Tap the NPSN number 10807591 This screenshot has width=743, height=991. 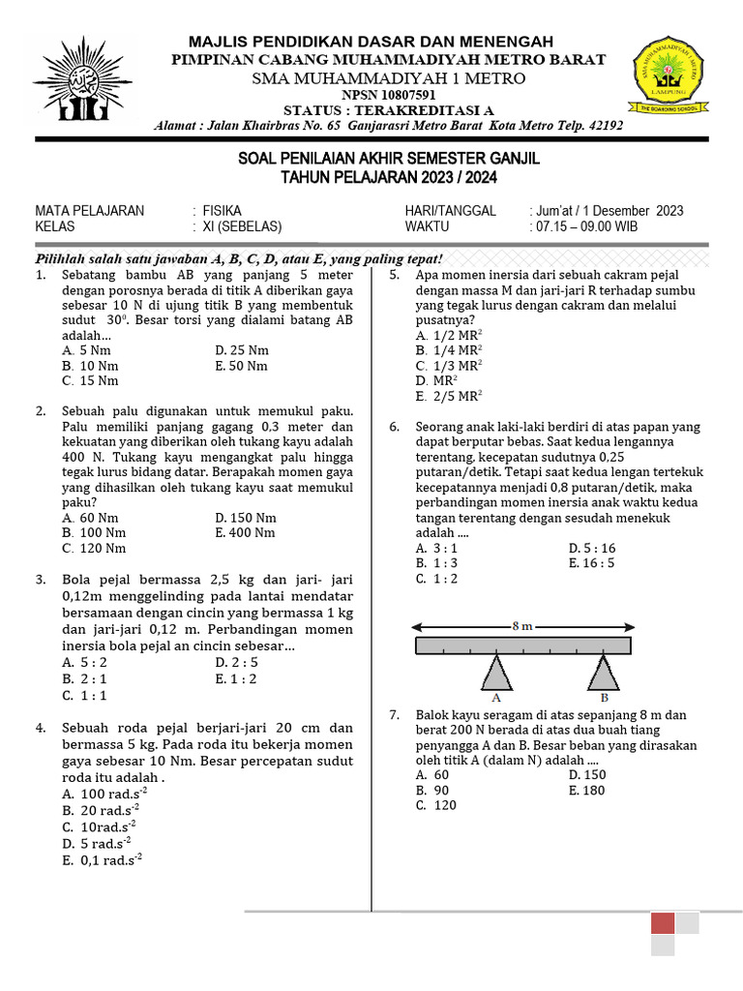[x=389, y=95]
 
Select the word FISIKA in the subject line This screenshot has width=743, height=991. [x=223, y=211]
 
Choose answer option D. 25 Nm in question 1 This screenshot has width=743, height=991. [x=242, y=350]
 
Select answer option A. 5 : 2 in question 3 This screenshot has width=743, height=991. [x=84, y=663]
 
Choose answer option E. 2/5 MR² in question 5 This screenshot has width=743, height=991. [x=449, y=396]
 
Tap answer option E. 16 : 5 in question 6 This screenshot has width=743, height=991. [x=592, y=563]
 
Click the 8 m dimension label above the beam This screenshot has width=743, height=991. [x=522, y=626]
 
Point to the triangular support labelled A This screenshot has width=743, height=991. [x=496, y=673]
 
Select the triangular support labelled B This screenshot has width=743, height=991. [x=605, y=673]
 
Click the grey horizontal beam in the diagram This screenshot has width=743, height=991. [x=522, y=646]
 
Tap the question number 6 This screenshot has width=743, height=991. [x=395, y=427]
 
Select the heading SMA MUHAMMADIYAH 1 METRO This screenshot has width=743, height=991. [x=389, y=78]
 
